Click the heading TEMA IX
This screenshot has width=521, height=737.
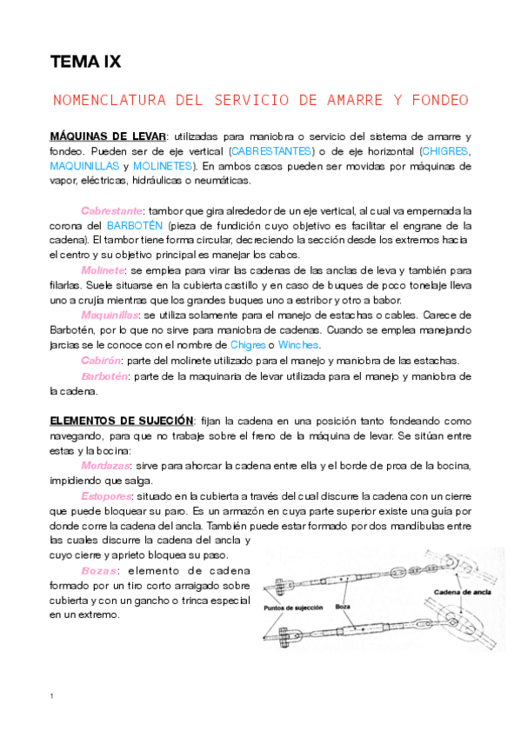(85, 63)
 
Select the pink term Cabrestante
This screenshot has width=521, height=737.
(112, 211)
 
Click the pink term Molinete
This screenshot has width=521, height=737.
(104, 271)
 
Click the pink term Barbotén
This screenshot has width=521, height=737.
(105, 376)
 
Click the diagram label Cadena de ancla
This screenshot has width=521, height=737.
(465, 594)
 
